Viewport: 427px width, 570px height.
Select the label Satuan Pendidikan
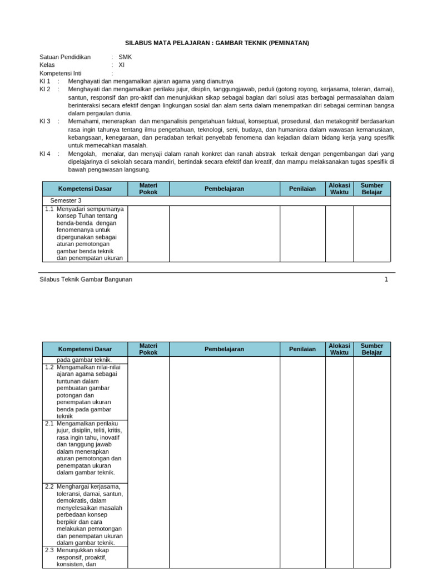tap(65, 57)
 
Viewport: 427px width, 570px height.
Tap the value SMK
tap(125, 57)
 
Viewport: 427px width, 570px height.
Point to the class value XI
tap(122, 65)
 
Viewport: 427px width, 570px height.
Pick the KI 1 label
tap(45, 81)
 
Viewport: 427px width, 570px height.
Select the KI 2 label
tap(45, 89)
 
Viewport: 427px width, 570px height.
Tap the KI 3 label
tap(45, 121)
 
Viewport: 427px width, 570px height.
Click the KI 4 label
tap(45, 154)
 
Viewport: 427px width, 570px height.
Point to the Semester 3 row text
tap(66, 200)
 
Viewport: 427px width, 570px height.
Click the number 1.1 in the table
tap(49, 209)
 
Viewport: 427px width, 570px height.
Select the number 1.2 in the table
tap(49, 367)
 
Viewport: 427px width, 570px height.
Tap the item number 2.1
tap(49, 424)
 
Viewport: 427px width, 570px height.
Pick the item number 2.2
tap(49, 487)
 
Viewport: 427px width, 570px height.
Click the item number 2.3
tap(49, 550)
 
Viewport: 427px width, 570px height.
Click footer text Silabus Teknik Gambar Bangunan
tap(86, 279)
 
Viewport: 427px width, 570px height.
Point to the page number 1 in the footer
tap(386, 279)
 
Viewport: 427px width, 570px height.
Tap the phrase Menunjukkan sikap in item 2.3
tap(83, 550)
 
